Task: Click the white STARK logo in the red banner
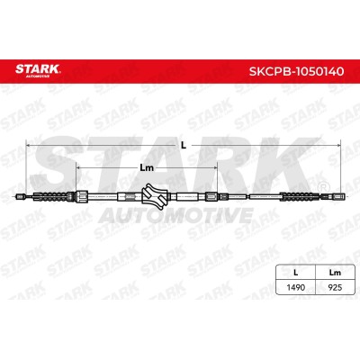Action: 38,69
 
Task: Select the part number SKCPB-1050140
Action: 296,71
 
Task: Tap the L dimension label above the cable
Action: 184,146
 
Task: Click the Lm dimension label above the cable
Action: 147,167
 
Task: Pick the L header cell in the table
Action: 296,273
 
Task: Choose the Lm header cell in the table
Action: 335,273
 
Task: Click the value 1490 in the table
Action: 296,287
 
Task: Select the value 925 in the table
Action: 335,287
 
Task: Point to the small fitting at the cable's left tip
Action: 20,197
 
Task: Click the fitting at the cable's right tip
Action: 338,197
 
